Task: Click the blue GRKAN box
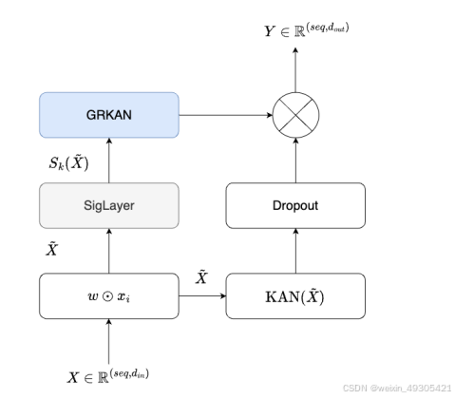[109, 114]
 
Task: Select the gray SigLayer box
[109, 206]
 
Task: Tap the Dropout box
[294, 206]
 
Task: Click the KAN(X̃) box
[294, 295]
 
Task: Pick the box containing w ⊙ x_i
[109, 295]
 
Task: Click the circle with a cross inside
[294, 115]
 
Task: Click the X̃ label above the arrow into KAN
[200, 275]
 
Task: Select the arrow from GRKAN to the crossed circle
[225, 115]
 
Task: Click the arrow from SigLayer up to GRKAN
[109, 160]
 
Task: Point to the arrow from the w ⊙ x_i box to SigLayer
[109, 251]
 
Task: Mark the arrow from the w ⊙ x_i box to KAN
[201, 295]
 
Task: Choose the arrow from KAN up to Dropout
[294, 251]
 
